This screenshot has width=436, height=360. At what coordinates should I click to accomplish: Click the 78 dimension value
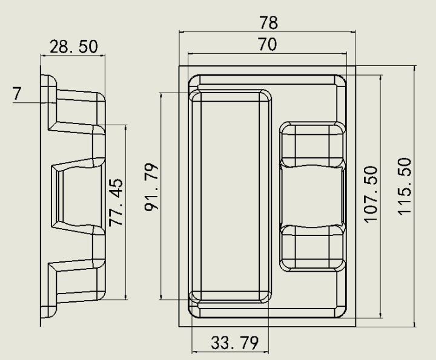(x=268, y=23)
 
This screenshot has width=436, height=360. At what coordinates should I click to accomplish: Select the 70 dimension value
(x=268, y=44)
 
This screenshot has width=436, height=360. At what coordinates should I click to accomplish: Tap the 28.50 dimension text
(x=74, y=47)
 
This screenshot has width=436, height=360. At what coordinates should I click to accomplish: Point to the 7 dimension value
(x=17, y=93)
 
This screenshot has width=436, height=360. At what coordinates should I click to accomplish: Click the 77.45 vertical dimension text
(x=116, y=203)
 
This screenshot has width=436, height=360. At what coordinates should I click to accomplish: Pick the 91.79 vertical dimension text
(x=151, y=188)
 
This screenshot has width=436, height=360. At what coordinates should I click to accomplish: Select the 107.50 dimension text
(x=371, y=194)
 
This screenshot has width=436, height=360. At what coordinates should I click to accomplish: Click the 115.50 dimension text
(x=404, y=186)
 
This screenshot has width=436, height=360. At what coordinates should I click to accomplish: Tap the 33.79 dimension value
(x=234, y=343)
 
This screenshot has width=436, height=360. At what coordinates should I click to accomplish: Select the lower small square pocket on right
(x=312, y=248)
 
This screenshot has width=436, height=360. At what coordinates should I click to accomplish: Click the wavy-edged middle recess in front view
(x=312, y=195)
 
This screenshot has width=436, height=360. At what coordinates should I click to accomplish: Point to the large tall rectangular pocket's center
(x=230, y=196)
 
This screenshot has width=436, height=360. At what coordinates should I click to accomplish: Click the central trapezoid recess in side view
(x=79, y=196)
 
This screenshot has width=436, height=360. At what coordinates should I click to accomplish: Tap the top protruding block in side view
(x=77, y=111)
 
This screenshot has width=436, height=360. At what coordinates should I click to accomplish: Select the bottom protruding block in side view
(x=77, y=281)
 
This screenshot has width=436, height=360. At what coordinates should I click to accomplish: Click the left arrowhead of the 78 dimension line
(x=182, y=32)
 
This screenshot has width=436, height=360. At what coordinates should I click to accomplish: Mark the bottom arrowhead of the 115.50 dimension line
(x=415, y=324)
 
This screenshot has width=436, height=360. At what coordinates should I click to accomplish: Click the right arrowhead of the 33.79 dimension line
(x=266, y=352)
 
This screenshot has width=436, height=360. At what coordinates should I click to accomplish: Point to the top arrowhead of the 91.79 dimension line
(x=160, y=96)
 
